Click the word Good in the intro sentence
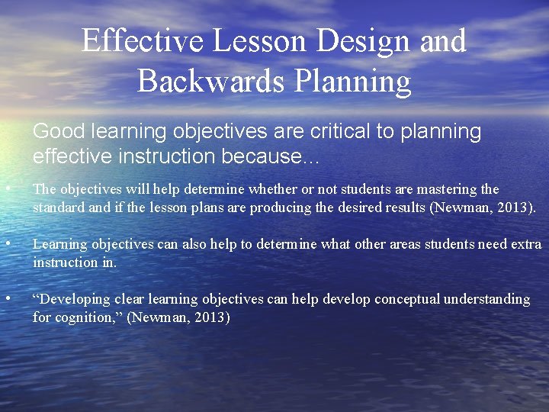[x=59, y=132]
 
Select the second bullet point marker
[x=7, y=244]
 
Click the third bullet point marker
[x=7, y=299]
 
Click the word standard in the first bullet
[x=59, y=208]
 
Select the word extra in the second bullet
[x=526, y=244]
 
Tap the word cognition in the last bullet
[x=88, y=317]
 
